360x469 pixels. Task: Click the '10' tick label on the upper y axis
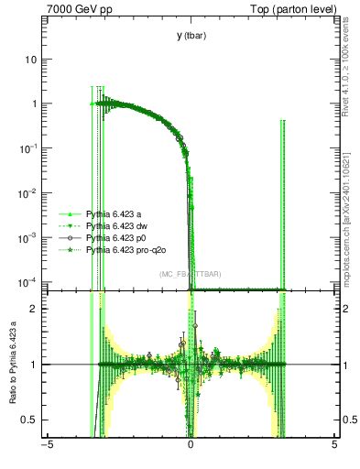34,60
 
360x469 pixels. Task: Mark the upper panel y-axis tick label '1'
37,104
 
